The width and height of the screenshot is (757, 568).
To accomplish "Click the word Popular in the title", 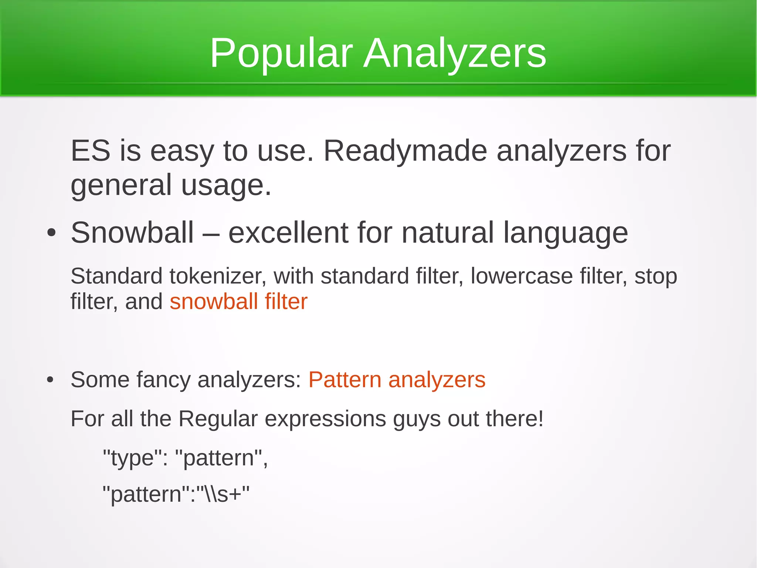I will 281,54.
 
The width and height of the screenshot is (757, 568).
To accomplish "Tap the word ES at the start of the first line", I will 91,151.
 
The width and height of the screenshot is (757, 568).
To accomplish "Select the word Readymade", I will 405,151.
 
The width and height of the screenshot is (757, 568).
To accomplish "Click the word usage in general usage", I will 226,185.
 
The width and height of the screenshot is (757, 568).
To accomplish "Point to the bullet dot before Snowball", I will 51,233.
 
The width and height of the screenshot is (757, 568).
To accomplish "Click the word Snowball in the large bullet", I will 132,233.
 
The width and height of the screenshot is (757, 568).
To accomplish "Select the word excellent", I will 288,233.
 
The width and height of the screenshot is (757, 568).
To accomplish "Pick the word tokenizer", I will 217,276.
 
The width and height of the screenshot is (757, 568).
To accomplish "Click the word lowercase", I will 521,276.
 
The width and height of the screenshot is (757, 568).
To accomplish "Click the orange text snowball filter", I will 238,301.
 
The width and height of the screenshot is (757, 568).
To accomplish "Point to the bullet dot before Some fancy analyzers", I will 51,380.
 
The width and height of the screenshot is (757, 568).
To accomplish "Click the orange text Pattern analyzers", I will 397,380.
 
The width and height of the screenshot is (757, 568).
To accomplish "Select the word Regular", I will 218,419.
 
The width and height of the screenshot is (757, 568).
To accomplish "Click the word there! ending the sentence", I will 515,419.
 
